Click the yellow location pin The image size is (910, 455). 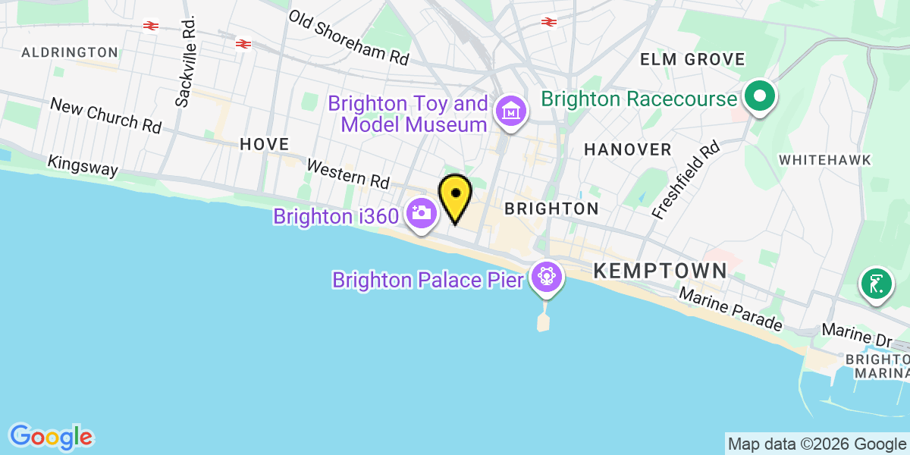pos(455,196)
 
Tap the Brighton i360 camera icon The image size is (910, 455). pos(420,213)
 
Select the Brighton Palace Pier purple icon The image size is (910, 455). pos(545,277)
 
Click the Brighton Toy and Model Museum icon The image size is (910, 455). pos(511,111)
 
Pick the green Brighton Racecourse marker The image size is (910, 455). pos(758,97)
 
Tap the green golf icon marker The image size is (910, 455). pos(876,284)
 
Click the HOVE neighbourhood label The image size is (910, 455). pos(264,143)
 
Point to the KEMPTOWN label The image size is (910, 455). pos(660,270)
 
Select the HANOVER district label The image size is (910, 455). pos(627,149)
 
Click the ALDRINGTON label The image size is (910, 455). pos(70,52)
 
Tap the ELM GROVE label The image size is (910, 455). pos(692,59)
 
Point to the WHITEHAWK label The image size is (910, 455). pos(825,159)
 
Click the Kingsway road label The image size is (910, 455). pos(83,166)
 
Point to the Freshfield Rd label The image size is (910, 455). pos(685,180)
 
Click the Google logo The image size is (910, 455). pos(51,437)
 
